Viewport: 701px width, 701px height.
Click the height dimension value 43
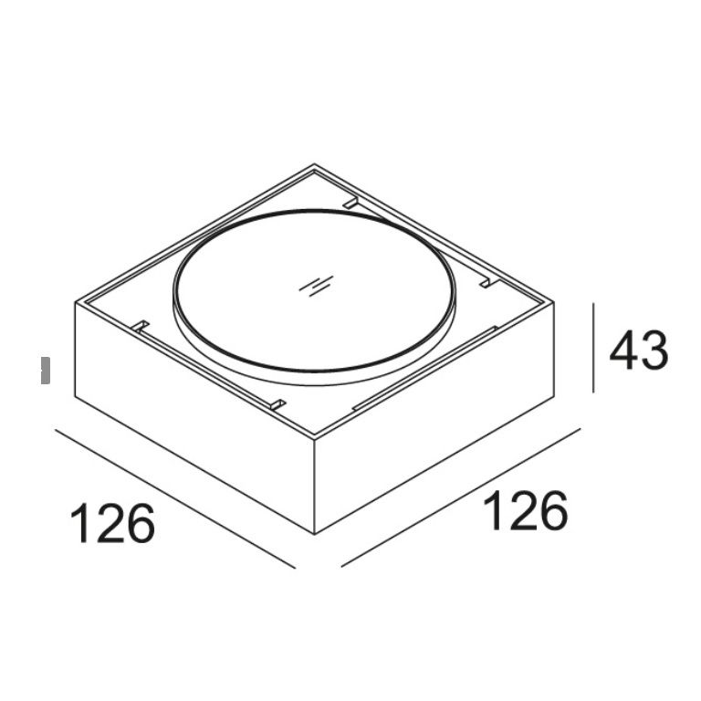[639, 350]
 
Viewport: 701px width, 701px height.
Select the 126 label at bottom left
[112, 523]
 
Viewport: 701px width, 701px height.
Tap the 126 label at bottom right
[526, 510]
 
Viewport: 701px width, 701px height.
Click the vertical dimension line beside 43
[593, 348]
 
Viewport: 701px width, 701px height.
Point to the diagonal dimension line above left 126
[175, 499]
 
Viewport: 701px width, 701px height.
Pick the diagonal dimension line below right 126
[460, 497]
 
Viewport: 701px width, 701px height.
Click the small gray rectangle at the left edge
[46, 371]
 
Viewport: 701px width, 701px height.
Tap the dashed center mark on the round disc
[317, 286]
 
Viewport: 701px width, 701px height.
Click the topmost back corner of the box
[314, 163]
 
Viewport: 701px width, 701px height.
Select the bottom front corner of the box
[315, 533]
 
